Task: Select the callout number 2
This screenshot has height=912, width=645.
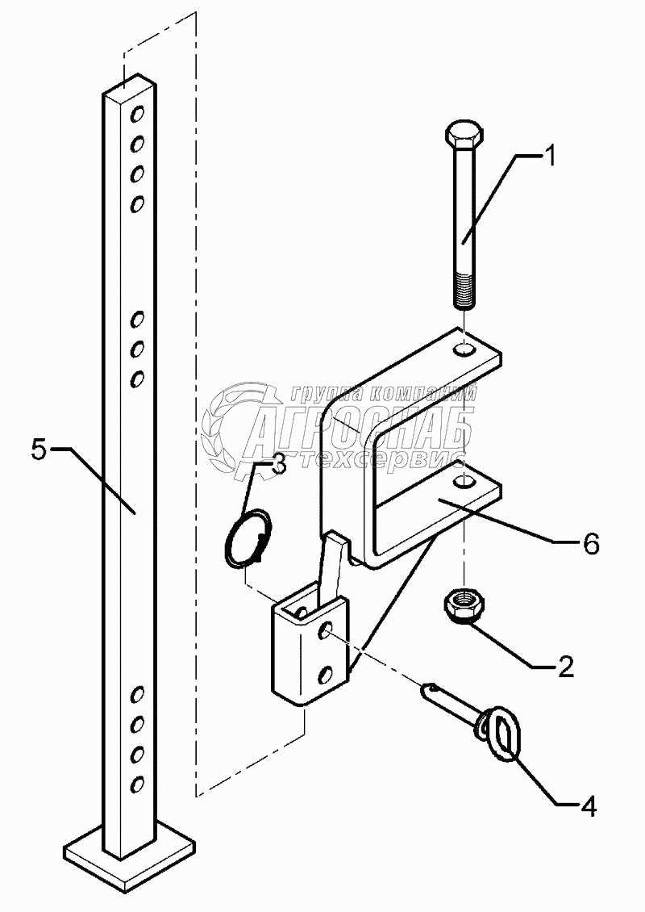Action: tap(565, 667)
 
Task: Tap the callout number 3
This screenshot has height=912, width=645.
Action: tap(277, 464)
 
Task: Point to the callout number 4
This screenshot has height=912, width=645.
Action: tap(589, 805)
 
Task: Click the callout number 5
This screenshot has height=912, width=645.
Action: tap(40, 450)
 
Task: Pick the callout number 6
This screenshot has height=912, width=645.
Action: tap(590, 545)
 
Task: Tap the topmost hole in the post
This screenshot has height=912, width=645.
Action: tap(138, 112)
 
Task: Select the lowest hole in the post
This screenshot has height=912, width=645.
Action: tap(137, 783)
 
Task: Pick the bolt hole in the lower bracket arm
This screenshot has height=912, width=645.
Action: tap(464, 483)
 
